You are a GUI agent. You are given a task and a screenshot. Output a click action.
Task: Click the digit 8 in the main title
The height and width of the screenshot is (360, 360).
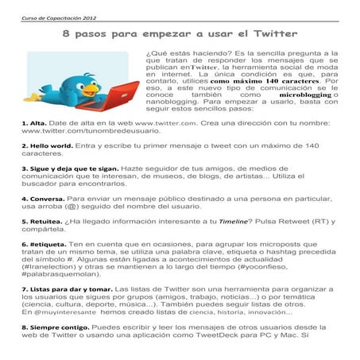point(68,35)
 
